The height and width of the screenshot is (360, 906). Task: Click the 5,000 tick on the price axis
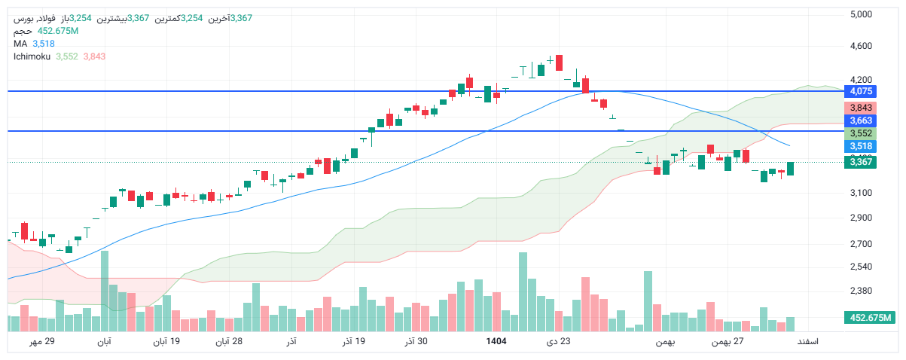[860, 14]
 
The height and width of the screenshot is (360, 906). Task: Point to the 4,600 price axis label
[860, 47]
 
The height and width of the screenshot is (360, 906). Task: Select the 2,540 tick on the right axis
[860, 267]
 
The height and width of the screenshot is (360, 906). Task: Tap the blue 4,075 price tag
[861, 92]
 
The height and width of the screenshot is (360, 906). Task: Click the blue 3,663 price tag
[861, 121]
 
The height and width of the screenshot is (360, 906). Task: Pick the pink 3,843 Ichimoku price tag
[861, 108]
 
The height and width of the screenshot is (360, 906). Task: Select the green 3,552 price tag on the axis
[861, 133]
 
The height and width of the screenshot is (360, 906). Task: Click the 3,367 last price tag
[861, 162]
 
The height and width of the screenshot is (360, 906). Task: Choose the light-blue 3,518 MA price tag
[861, 146]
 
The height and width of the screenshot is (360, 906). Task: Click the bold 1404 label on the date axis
[496, 342]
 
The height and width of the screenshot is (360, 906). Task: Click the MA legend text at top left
[20, 44]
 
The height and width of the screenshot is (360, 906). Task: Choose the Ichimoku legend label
[31, 56]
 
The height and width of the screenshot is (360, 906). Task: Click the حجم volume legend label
[23, 31]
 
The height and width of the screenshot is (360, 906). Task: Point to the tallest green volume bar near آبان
[105, 291]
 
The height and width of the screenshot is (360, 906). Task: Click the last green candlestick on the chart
[791, 169]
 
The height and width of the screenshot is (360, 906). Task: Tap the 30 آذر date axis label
[416, 342]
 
